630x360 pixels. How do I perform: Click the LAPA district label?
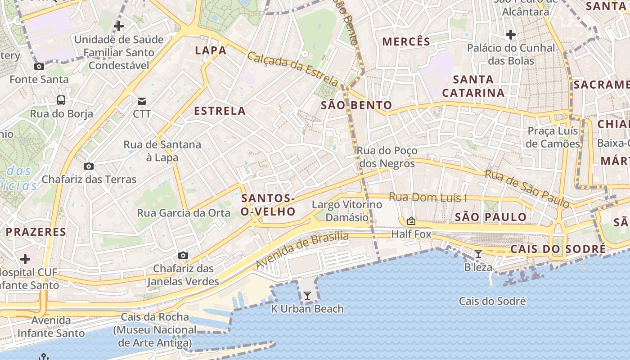click(211, 50)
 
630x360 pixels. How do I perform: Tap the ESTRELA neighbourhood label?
click(220, 111)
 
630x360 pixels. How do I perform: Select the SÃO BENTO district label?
click(357, 106)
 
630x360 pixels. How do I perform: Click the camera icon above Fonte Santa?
click(39, 66)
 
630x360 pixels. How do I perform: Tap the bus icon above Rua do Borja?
click(61, 100)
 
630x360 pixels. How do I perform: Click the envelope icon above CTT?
click(142, 100)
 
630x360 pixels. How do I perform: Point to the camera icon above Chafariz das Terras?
click(89, 166)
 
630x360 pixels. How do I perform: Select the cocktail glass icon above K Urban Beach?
click(307, 296)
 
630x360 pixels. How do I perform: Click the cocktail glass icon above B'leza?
click(478, 254)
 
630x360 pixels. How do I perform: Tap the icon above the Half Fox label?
click(411, 221)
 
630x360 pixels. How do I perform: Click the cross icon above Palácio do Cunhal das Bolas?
click(510, 34)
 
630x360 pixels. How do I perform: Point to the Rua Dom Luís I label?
click(427, 197)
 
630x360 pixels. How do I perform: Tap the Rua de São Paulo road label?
click(526, 189)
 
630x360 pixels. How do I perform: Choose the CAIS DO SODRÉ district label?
click(558, 249)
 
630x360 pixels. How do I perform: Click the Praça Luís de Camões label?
click(553, 137)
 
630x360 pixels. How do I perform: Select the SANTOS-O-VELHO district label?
click(268, 205)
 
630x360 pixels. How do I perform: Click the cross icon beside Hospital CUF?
click(25, 259)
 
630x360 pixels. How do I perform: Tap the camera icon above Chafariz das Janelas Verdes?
click(183, 255)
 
